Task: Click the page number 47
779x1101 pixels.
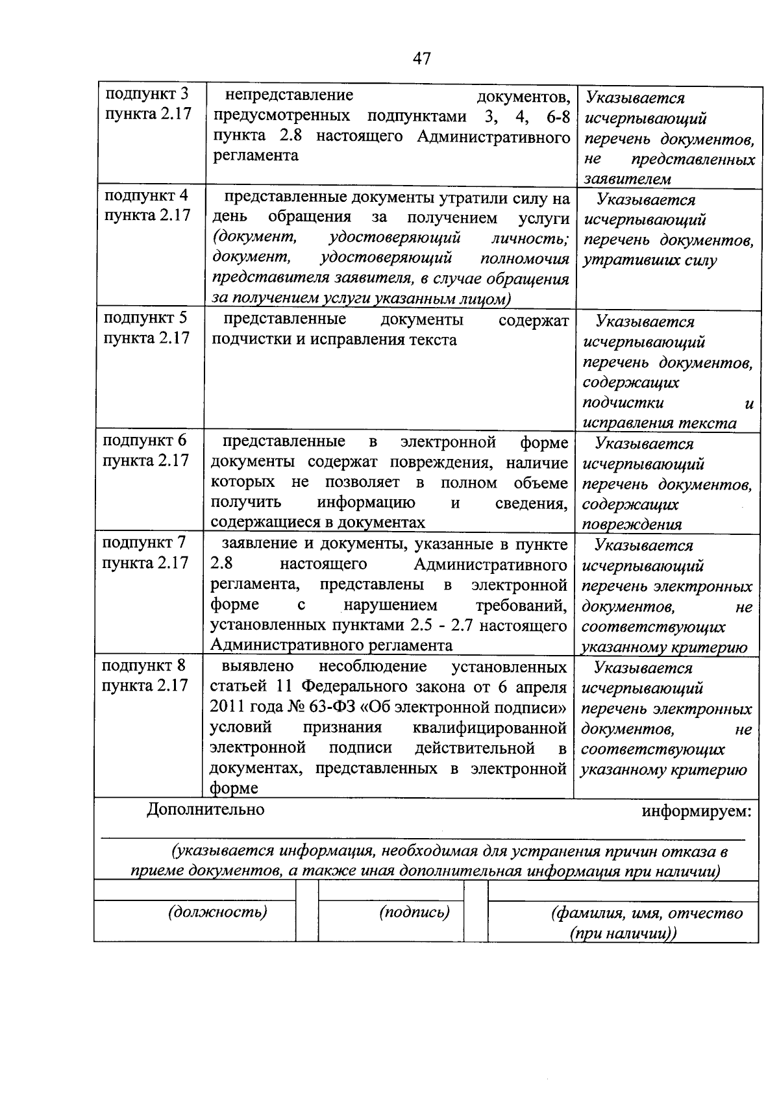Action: [421, 59]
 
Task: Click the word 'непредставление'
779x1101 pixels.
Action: [289, 95]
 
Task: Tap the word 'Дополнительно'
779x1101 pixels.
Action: [206, 810]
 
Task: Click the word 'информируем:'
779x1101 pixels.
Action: [697, 811]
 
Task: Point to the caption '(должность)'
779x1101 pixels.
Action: [217, 912]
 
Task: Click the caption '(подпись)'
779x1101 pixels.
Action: [414, 912]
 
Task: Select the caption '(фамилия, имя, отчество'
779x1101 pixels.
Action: [646, 913]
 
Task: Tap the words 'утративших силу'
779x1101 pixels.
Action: [649, 261]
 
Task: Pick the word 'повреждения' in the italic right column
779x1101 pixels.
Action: [632, 525]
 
